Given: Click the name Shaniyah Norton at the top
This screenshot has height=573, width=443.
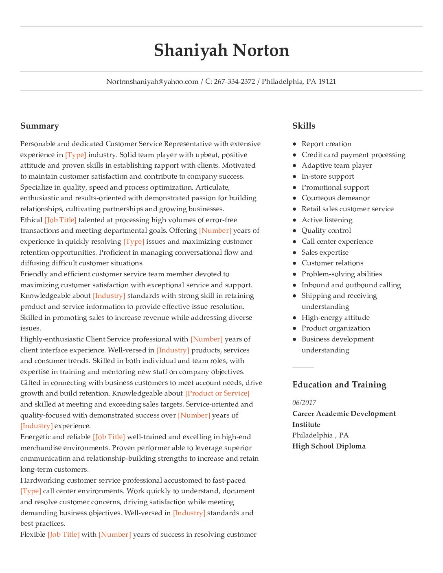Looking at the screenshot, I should [x=221, y=50].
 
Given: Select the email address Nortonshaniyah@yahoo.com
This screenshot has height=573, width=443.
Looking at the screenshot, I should [x=152, y=81].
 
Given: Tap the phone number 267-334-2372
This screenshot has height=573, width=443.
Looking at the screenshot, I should [x=235, y=81].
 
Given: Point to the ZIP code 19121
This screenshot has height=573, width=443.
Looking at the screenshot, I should [x=327, y=81].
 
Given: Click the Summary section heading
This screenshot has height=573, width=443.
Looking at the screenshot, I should [x=39, y=126].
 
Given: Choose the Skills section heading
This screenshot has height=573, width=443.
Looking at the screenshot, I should [x=304, y=126].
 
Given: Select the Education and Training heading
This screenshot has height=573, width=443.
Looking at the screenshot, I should [x=339, y=385].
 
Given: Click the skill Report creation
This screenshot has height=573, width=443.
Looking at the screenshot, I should [x=326, y=144].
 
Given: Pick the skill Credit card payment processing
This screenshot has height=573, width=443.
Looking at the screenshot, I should [x=353, y=155].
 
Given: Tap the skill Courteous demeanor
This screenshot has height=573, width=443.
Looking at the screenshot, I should [x=336, y=198].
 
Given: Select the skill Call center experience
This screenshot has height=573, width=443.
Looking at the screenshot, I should [x=337, y=241].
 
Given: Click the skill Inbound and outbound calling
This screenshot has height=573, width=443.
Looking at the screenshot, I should [x=351, y=285].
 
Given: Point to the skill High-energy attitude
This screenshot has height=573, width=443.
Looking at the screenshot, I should [x=336, y=317].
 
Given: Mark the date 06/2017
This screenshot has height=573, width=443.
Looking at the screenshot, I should [x=304, y=402].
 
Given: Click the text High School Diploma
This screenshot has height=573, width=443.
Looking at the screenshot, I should [x=329, y=446].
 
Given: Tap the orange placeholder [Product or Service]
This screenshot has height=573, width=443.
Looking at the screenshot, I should [x=217, y=393].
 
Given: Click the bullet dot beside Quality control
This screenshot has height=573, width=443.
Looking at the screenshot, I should [x=294, y=231].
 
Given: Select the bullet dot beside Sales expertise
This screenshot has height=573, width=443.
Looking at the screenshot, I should [x=294, y=252].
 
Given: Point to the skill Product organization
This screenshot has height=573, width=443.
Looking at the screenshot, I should [x=336, y=328].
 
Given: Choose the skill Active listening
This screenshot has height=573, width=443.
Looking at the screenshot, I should [x=327, y=220].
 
